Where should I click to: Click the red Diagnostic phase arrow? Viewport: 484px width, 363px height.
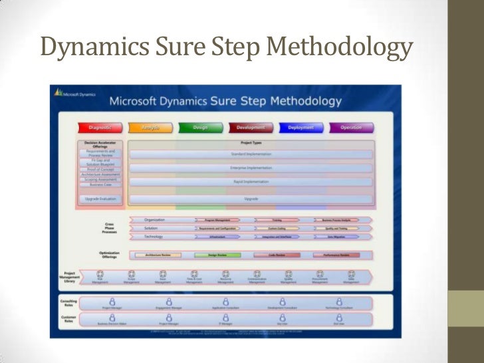pyautogui.click(x=100, y=128)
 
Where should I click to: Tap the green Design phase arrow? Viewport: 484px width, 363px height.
pyautogui.click(x=200, y=128)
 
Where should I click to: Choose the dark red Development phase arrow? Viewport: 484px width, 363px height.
pyautogui.click(x=251, y=128)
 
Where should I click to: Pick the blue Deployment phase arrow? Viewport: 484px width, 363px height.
pyautogui.click(x=301, y=128)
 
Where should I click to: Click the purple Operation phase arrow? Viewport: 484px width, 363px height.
pyautogui.click(x=350, y=128)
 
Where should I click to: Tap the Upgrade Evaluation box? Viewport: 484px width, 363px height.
pyautogui.click(x=100, y=199)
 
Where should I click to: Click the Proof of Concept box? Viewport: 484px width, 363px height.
pyautogui.click(x=100, y=169)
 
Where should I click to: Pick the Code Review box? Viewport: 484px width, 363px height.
pyautogui.click(x=277, y=255)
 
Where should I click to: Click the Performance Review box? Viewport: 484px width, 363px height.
pyautogui.click(x=336, y=255)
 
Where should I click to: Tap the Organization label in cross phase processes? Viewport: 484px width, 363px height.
pyautogui.click(x=154, y=219)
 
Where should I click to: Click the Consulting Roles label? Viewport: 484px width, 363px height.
pyautogui.click(x=68, y=302)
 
